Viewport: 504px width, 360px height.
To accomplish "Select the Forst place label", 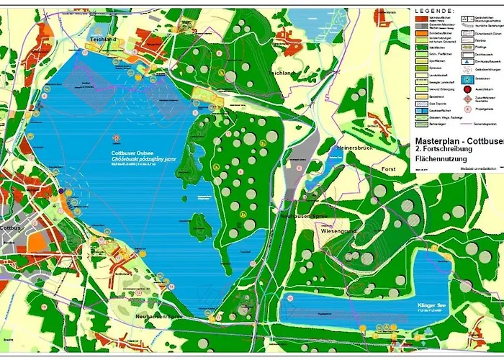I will coord(387,169).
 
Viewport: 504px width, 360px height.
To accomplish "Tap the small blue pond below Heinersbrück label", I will coord(330,164).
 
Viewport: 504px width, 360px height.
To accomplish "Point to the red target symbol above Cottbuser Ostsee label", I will coord(116,138).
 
